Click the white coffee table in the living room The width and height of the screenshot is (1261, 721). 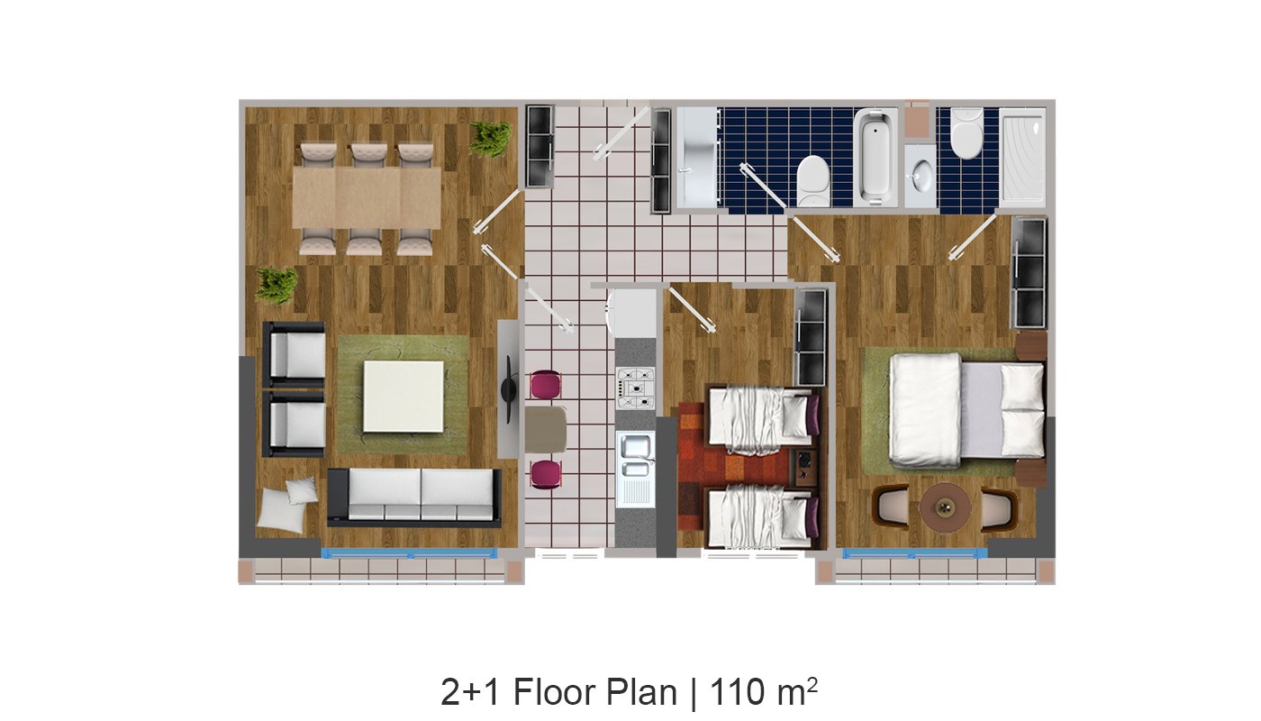[x=404, y=397]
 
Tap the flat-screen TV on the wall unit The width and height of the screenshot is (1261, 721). [x=509, y=389]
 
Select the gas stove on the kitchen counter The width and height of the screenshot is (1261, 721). [x=636, y=388]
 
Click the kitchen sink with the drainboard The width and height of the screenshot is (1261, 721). [x=636, y=470]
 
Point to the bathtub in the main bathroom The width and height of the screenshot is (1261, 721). [x=875, y=157]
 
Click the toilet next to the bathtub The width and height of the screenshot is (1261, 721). [x=813, y=180]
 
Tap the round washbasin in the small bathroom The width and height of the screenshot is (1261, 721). [x=921, y=175]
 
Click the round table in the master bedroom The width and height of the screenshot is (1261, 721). [x=945, y=507]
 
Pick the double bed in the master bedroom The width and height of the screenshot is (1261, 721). [x=967, y=410]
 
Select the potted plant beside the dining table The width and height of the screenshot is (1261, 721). [x=490, y=139]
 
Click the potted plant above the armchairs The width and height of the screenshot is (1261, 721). [x=277, y=286]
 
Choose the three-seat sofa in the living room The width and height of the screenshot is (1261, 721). [x=414, y=497]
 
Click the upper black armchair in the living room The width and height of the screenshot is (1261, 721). [x=294, y=355]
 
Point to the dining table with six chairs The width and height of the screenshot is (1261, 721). [x=367, y=197]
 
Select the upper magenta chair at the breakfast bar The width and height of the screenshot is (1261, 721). [x=546, y=384]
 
